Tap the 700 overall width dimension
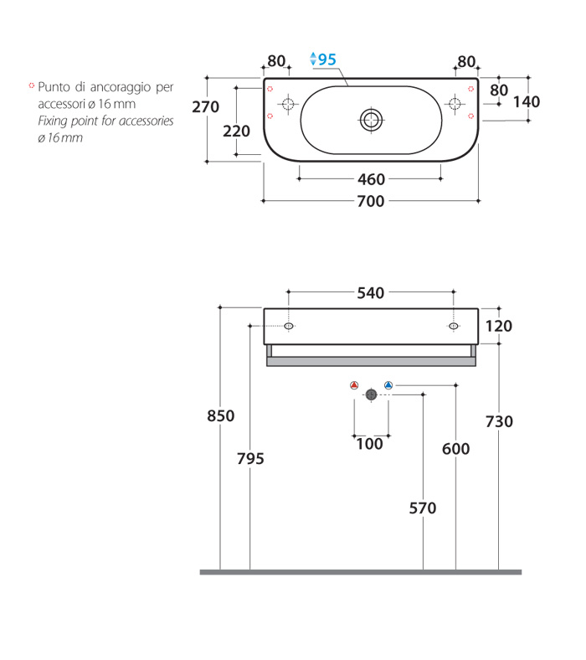pos(371,201)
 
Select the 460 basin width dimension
pos(371,179)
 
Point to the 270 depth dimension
pos(205,107)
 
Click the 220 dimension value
pos(236,131)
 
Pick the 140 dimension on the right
pos(527,102)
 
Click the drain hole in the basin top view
pos(371,120)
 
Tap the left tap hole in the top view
pos(288,104)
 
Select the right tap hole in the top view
pos(455,104)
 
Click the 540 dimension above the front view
pos(371,293)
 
